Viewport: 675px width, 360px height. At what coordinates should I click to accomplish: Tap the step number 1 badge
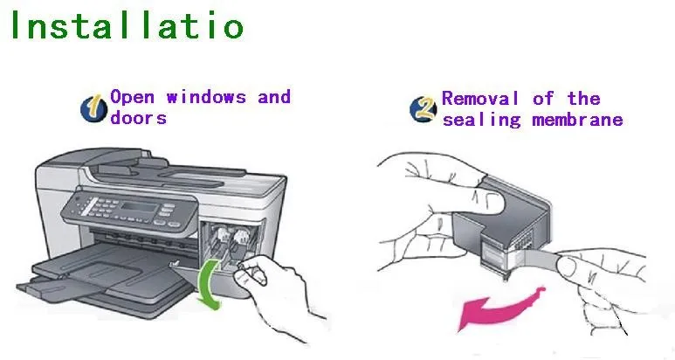(94, 107)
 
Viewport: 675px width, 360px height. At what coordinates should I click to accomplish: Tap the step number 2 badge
(423, 108)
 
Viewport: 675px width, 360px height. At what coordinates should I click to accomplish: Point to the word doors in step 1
(138, 116)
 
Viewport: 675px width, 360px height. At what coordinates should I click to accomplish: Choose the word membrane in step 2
(578, 119)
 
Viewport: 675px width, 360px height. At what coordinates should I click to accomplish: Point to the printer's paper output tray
(105, 267)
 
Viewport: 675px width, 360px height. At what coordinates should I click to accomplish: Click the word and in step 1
(273, 96)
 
